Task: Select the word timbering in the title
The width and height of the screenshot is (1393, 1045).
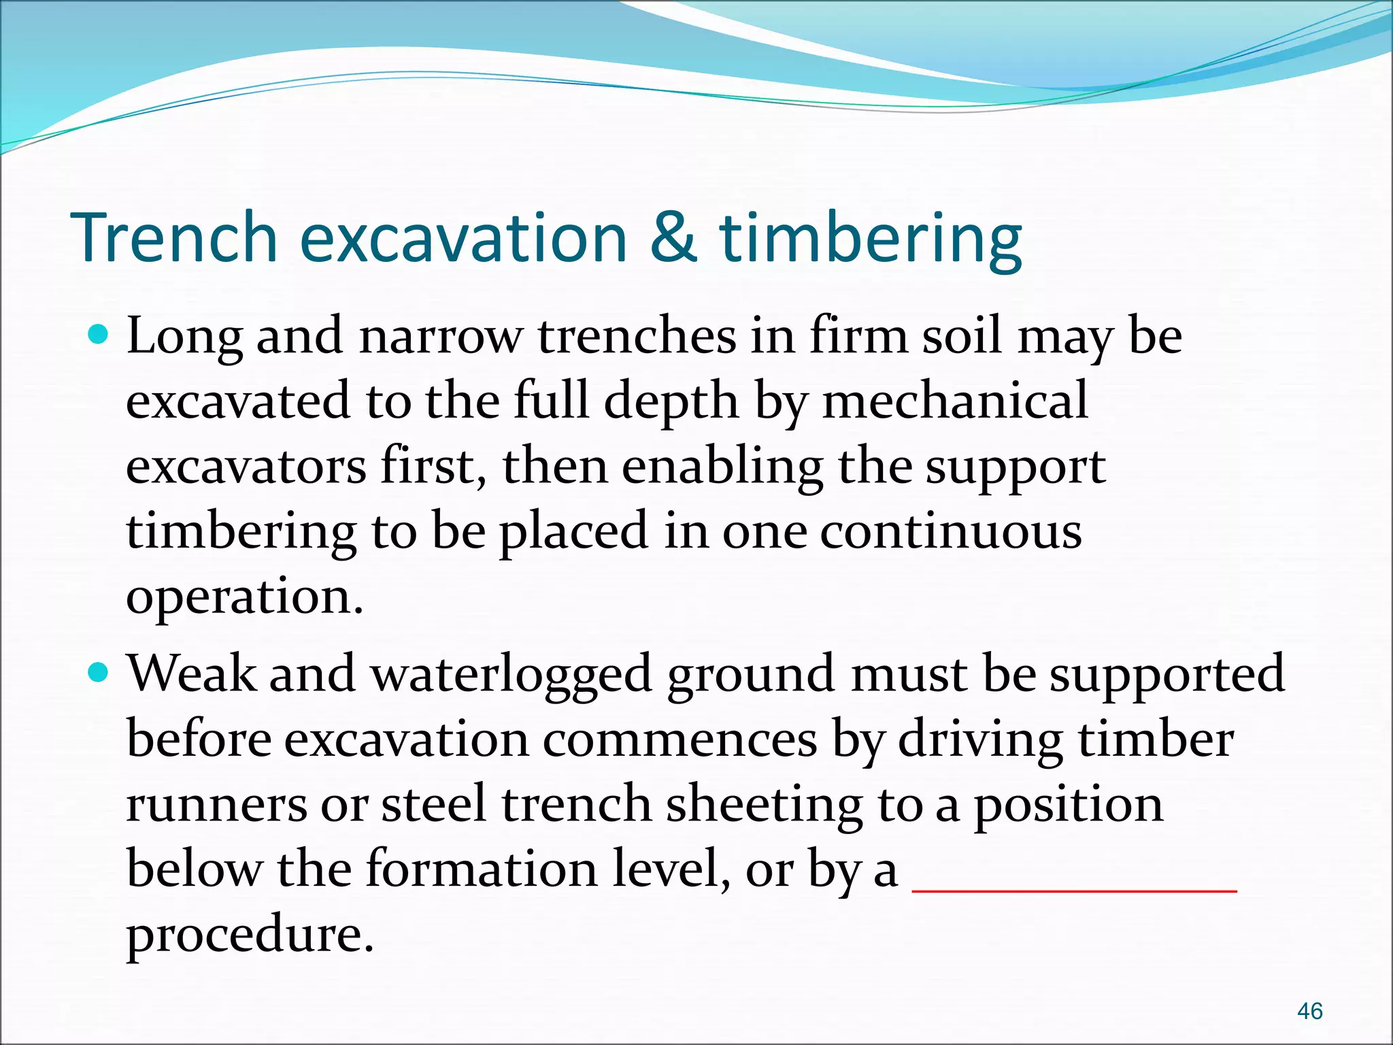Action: click(871, 239)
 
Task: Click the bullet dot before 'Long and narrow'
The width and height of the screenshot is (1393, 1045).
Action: click(99, 335)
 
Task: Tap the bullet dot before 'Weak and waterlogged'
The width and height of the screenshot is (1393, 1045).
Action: click(99, 673)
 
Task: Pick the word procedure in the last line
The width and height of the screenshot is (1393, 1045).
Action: click(250, 935)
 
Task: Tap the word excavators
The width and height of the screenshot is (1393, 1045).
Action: click(246, 467)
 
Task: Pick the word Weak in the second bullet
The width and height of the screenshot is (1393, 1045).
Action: click(192, 674)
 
